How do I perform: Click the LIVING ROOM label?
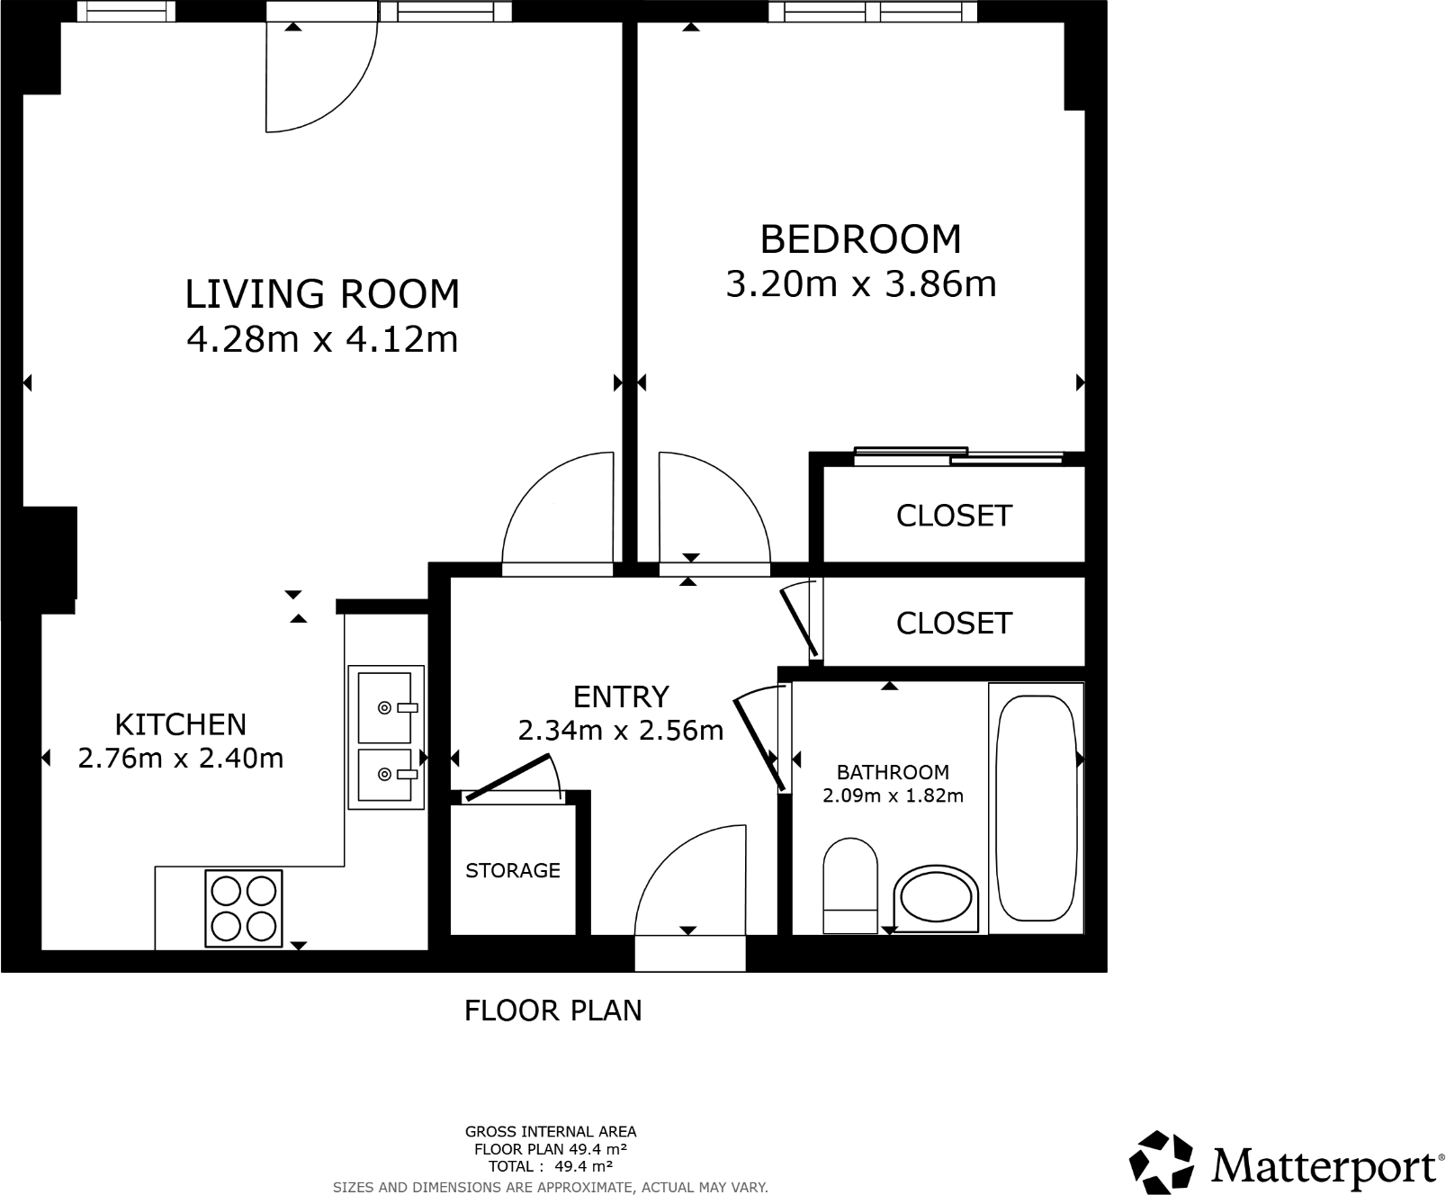[x=322, y=294]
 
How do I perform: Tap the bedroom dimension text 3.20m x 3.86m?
[x=860, y=284]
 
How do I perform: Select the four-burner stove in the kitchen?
[x=243, y=908]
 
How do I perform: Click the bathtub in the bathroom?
[x=1036, y=808]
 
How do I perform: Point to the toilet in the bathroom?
[x=849, y=885]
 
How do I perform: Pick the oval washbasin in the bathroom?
[x=936, y=899]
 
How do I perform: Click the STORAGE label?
[x=513, y=870]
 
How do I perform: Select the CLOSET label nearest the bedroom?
[x=954, y=516]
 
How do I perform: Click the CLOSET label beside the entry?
[x=954, y=623]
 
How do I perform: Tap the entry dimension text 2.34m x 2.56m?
[x=621, y=730]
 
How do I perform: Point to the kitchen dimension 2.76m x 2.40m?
[x=181, y=759]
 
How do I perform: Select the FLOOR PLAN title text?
[x=552, y=1011]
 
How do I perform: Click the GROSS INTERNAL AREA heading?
[x=550, y=1132]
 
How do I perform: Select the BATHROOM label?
[x=893, y=772]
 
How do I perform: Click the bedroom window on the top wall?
[x=872, y=12]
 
